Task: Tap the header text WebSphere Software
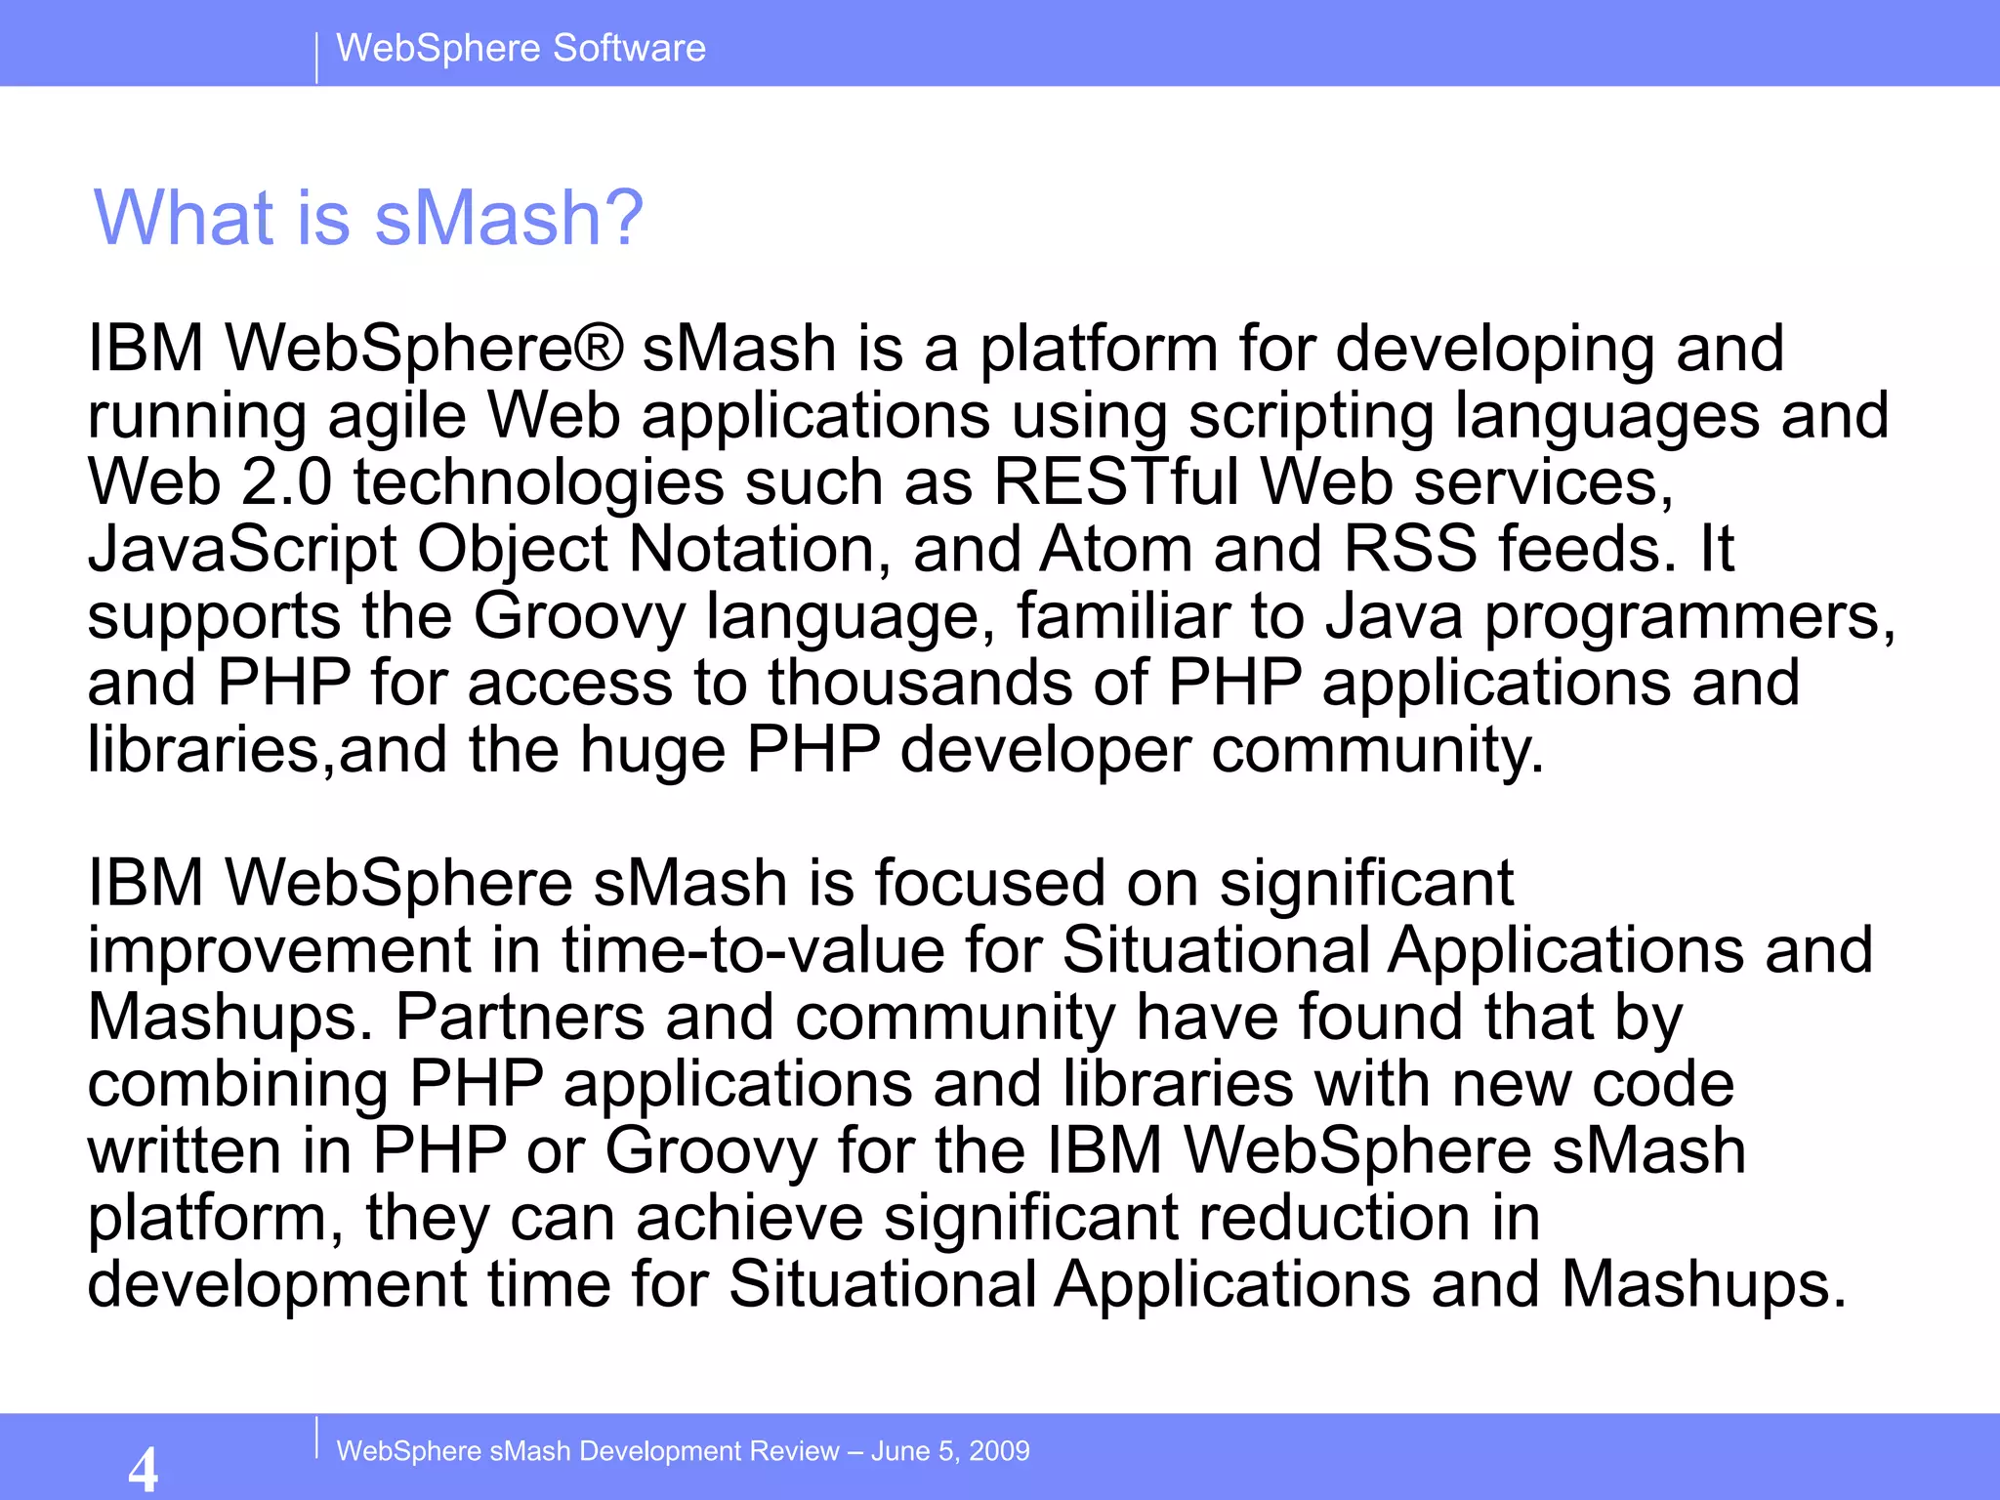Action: (521, 48)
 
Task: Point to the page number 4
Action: (143, 1468)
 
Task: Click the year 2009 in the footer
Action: (999, 1450)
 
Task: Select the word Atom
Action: (1115, 549)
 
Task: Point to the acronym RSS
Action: (1410, 549)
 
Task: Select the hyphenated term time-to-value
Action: (753, 949)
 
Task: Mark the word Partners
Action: (520, 1017)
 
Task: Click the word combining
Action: (237, 1084)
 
